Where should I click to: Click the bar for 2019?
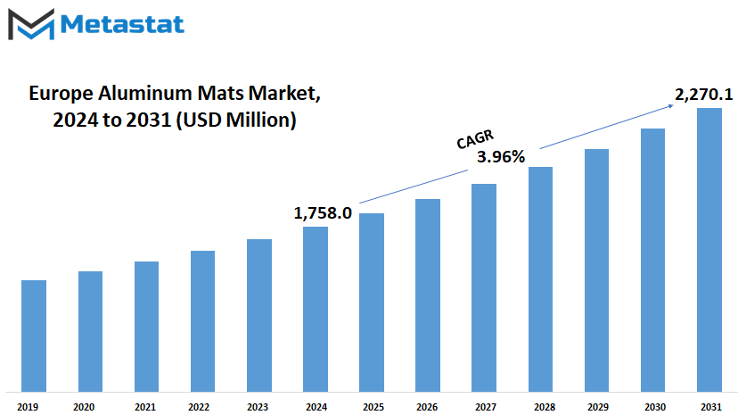34,336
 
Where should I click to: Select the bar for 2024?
316,309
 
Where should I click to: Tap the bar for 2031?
709,250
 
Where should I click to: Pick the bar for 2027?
484,287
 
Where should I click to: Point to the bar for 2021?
146,327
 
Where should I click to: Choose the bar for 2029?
597,270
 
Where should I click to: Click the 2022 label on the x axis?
199,407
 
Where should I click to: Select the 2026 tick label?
427,407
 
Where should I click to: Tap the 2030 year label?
655,407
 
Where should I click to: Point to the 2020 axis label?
84,407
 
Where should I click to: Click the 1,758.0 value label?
323,213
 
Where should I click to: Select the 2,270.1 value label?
703,95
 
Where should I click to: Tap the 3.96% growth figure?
501,156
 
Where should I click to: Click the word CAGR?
475,139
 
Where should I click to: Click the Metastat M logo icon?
31,24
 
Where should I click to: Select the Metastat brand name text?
122,24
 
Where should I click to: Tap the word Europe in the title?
61,94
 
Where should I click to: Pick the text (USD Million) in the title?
236,120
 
